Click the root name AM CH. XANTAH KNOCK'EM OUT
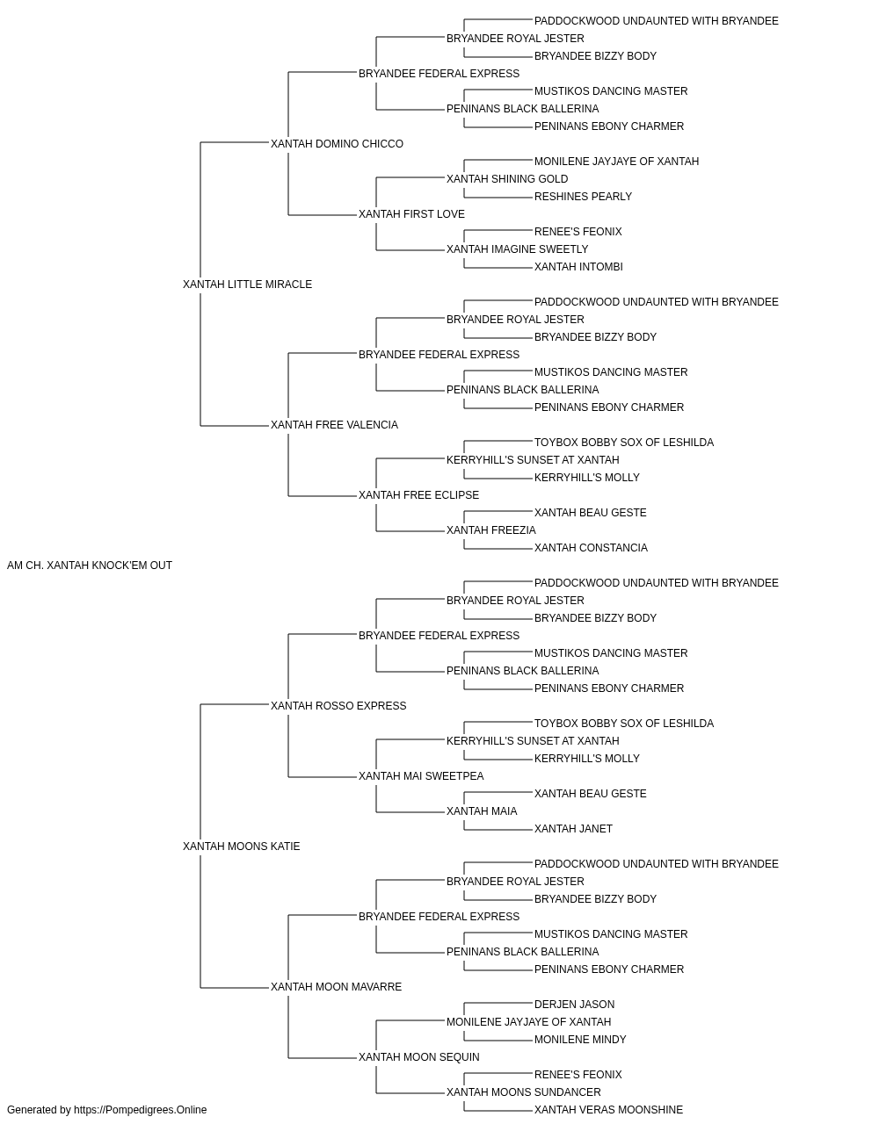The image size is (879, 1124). [x=90, y=566]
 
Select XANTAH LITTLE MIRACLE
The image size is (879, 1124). [x=248, y=285]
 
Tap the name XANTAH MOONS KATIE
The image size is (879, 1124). [x=241, y=847]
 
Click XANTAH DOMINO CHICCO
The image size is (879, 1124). [x=337, y=144]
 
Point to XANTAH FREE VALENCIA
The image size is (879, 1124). [x=334, y=425]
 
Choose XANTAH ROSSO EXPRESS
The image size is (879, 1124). [x=338, y=705]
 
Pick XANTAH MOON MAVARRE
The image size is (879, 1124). [x=336, y=986]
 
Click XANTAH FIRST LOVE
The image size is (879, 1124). [x=411, y=214]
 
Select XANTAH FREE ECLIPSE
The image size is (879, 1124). [x=418, y=495]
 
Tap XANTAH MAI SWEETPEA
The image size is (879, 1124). [x=421, y=776]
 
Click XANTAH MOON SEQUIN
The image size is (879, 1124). [x=419, y=1056]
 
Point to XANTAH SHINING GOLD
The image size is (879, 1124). [x=507, y=179]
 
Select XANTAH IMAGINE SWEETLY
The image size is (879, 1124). [x=518, y=249]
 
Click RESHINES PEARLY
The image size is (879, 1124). [x=584, y=197]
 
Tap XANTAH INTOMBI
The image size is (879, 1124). [x=578, y=267]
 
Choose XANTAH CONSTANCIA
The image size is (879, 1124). [x=592, y=548]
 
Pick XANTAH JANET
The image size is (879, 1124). [x=574, y=829]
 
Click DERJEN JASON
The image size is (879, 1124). [x=575, y=1004]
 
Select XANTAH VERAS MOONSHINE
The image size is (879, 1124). [x=609, y=1110]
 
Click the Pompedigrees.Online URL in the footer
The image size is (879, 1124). [x=141, y=1110]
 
